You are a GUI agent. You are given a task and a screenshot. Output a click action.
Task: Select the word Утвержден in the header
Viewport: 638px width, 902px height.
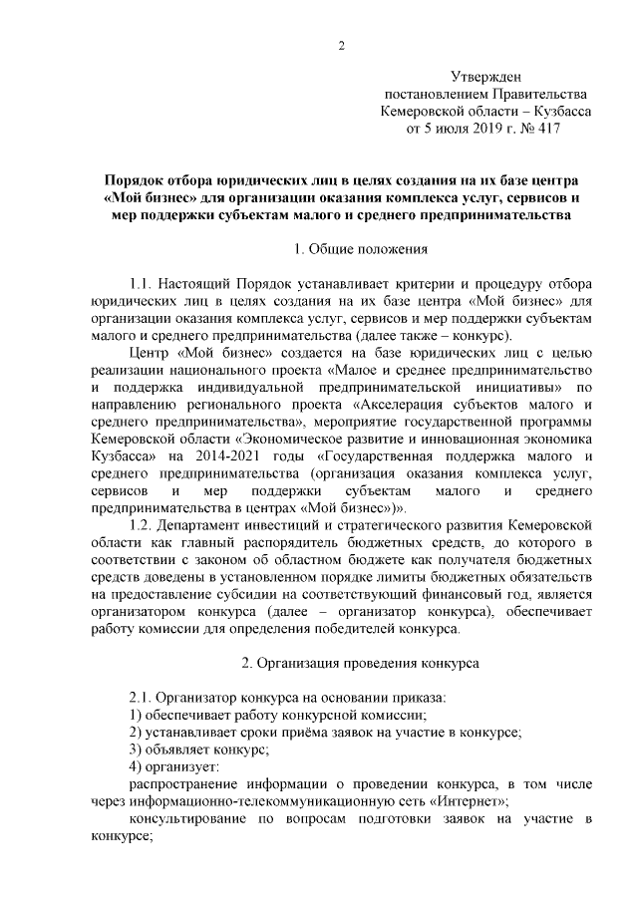tap(484, 77)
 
